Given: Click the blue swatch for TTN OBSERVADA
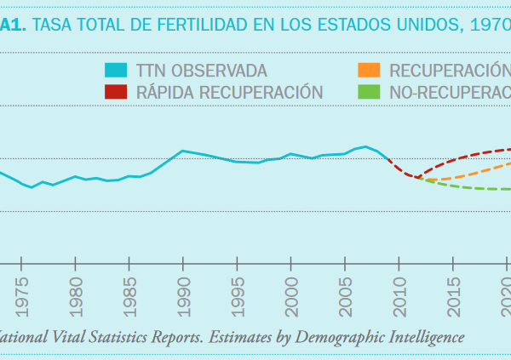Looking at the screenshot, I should pyautogui.click(x=117, y=70).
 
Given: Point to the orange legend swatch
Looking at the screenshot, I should pyautogui.click(x=369, y=70).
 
